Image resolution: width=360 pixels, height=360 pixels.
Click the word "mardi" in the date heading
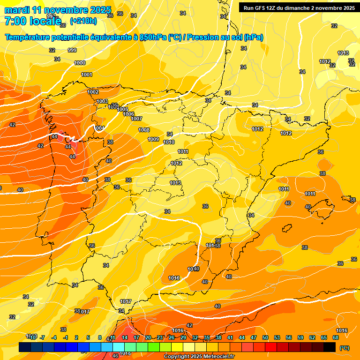(17, 10)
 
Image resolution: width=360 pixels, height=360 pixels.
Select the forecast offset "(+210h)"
(83, 21)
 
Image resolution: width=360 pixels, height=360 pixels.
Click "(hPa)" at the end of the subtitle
(253, 37)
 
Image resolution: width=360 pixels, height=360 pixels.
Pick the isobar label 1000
(80, 63)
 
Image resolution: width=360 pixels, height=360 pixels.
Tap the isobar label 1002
(93, 92)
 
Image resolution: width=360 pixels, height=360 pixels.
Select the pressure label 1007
(136, 119)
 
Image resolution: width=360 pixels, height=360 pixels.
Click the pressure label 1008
(144, 130)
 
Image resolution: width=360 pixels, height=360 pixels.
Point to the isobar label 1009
(153, 139)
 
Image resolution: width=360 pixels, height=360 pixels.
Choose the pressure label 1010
(169, 142)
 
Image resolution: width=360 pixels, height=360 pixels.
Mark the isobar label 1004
(99, 128)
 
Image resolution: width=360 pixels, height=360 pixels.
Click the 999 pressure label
(72, 50)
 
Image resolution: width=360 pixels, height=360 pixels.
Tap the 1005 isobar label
(123, 109)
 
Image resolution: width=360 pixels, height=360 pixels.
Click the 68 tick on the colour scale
(336, 337)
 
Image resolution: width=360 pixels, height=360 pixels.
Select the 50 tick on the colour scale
(265, 337)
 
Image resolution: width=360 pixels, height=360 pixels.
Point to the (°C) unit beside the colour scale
(345, 348)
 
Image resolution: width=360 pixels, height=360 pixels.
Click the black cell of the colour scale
(330, 347)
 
